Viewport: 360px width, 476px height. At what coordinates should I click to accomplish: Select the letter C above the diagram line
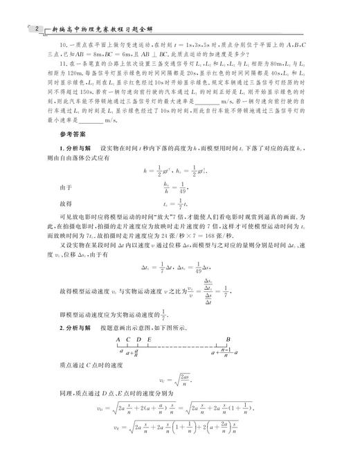[x=129, y=338]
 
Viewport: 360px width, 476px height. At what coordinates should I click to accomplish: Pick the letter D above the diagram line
[x=139, y=338]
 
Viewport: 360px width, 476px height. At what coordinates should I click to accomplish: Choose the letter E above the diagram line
[x=150, y=338]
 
